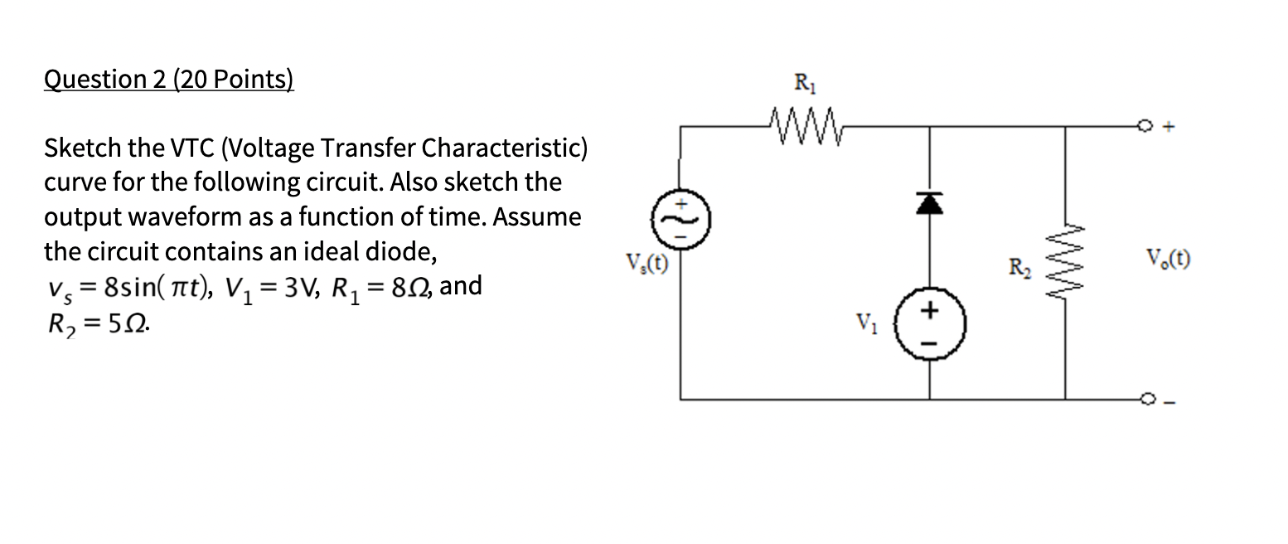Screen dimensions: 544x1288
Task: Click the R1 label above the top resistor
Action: pyautogui.click(x=804, y=83)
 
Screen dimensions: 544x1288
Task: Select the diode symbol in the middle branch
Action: pyautogui.click(x=927, y=202)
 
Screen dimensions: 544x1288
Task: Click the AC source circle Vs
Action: pyautogui.click(x=681, y=219)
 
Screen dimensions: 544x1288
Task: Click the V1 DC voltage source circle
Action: pyautogui.click(x=928, y=324)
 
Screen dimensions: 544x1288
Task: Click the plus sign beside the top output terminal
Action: pyautogui.click(x=1169, y=128)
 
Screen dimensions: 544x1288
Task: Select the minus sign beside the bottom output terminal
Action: pyautogui.click(x=1169, y=401)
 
